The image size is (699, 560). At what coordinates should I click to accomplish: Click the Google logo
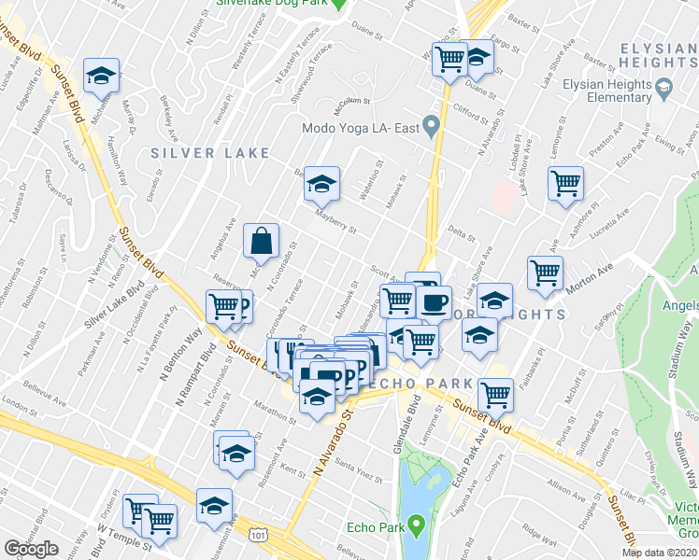[32, 549]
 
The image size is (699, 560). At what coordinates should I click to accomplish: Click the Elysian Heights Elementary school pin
[664, 90]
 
